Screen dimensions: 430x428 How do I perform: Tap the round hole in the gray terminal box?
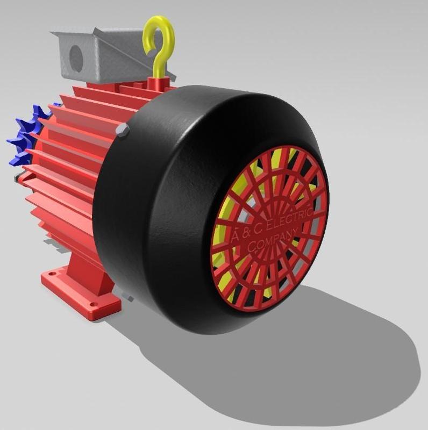pyautogui.click(x=76, y=58)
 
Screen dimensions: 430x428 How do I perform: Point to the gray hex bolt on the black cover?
pyautogui.click(x=123, y=130)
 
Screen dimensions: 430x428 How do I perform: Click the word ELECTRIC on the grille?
pyautogui.click(x=290, y=222)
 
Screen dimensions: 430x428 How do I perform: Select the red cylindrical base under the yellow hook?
pyautogui.click(x=159, y=83)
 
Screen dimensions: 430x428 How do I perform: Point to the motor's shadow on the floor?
pyautogui.click(x=323, y=365)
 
